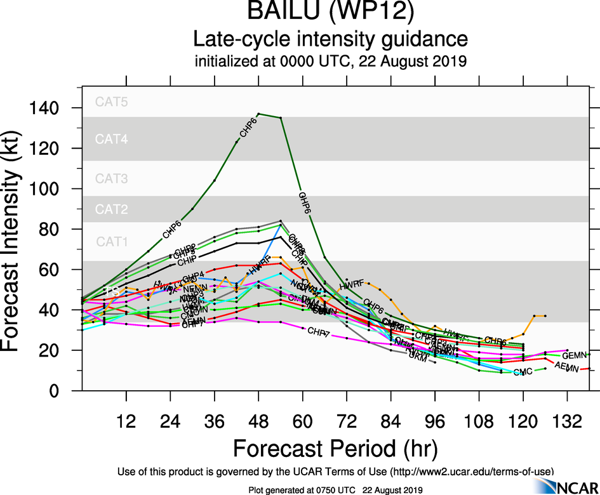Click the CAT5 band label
point(112,102)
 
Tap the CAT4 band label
point(112,140)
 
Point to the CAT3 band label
point(112,179)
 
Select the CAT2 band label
point(112,208)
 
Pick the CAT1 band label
point(112,241)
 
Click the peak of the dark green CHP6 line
point(258,114)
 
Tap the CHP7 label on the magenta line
point(318,332)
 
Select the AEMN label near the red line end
point(566,367)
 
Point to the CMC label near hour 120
point(523,372)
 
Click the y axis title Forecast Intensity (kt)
point(17,238)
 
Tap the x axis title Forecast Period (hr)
point(335,448)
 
